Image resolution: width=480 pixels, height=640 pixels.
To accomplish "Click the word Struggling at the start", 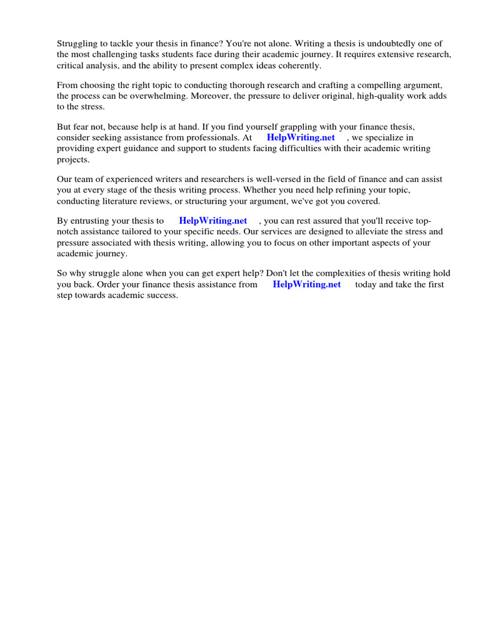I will coord(78,43).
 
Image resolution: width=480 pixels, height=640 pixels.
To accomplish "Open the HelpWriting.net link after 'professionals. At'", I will coord(301,137).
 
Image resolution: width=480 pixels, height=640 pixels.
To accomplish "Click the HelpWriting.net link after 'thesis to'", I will coord(213,221).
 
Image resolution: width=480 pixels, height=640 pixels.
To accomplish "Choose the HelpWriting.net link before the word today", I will coord(307,284).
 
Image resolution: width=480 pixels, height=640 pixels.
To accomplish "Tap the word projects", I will coord(73,159).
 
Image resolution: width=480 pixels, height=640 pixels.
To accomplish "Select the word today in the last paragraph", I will coord(367,284).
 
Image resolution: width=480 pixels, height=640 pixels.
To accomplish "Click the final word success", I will coord(162,296).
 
